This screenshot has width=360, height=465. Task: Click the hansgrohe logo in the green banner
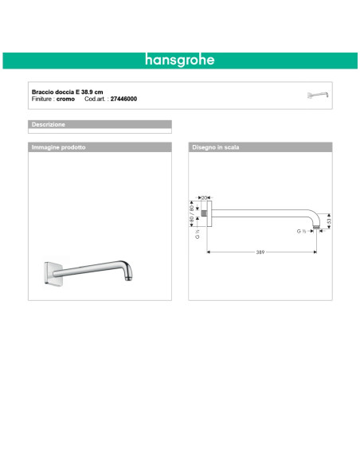[x=180, y=60]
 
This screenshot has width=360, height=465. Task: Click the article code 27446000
[x=123, y=99]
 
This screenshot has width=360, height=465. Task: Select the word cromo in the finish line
[x=66, y=99]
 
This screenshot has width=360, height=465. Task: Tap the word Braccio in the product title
[x=42, y=92]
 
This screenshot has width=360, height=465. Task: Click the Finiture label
[x=42, y=99]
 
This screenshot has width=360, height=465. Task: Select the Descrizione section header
[x=48, y=125]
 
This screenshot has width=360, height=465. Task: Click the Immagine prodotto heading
[x=57, y=148]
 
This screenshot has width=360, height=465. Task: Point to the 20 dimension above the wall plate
[x=205, y=197]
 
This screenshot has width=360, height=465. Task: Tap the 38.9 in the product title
[x=88, y=92]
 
